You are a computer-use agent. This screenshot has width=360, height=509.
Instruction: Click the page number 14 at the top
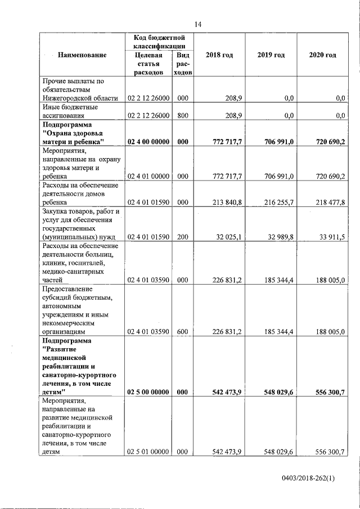click(x=198, y=24)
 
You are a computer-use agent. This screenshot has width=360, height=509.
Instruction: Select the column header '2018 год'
click(x=219, y=55)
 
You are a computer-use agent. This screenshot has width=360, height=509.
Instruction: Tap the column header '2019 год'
click(x=271, y=55)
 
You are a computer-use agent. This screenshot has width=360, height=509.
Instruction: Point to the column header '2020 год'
click(x=323, y=55)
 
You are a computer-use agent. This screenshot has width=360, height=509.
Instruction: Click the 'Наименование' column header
click(x=82, y=55)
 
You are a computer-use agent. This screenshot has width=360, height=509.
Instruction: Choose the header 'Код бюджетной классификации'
click(x=159, y=40)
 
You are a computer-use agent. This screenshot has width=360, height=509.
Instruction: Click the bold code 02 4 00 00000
click(x=148, y=143)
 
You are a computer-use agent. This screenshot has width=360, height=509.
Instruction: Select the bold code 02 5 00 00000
click(x=148, y=391)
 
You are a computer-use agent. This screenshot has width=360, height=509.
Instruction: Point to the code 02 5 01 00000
click(x=148, y=452)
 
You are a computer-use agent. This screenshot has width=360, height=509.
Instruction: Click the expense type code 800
click(x=182, y=115)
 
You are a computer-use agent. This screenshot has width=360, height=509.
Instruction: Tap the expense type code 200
click(x=182, y=237)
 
